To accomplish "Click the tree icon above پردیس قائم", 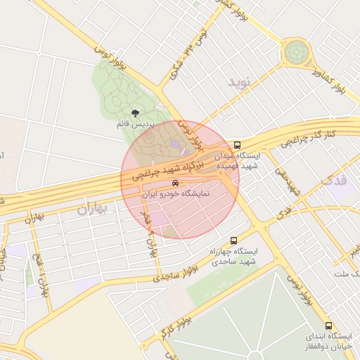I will (x=135, y=112).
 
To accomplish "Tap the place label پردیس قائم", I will (x=135, y=124).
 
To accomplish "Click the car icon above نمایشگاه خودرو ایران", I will (x=165, y=183).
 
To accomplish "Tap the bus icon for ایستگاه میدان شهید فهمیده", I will (x=238, y=146).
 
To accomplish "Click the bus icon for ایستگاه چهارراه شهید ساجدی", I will (x=233, y=240).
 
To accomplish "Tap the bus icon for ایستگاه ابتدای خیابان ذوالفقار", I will (x=328, y=326).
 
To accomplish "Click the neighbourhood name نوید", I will (x=239, y=83).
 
